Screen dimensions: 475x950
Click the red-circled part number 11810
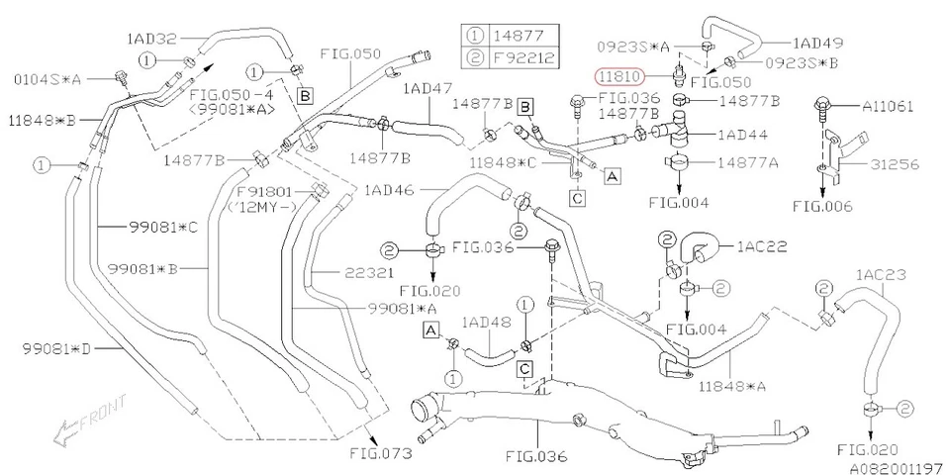click(x=618, y=75)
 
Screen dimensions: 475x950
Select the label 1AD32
click(x=151, y=41)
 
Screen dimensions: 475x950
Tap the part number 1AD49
click(x=817, y=44)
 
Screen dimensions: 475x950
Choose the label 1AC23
click(x=881, y=274)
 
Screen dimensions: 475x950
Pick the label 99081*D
click(x=55, y=348)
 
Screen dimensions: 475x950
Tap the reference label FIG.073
click(x=381, y=457)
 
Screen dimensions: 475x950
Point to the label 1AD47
click(x=427, y=89)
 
